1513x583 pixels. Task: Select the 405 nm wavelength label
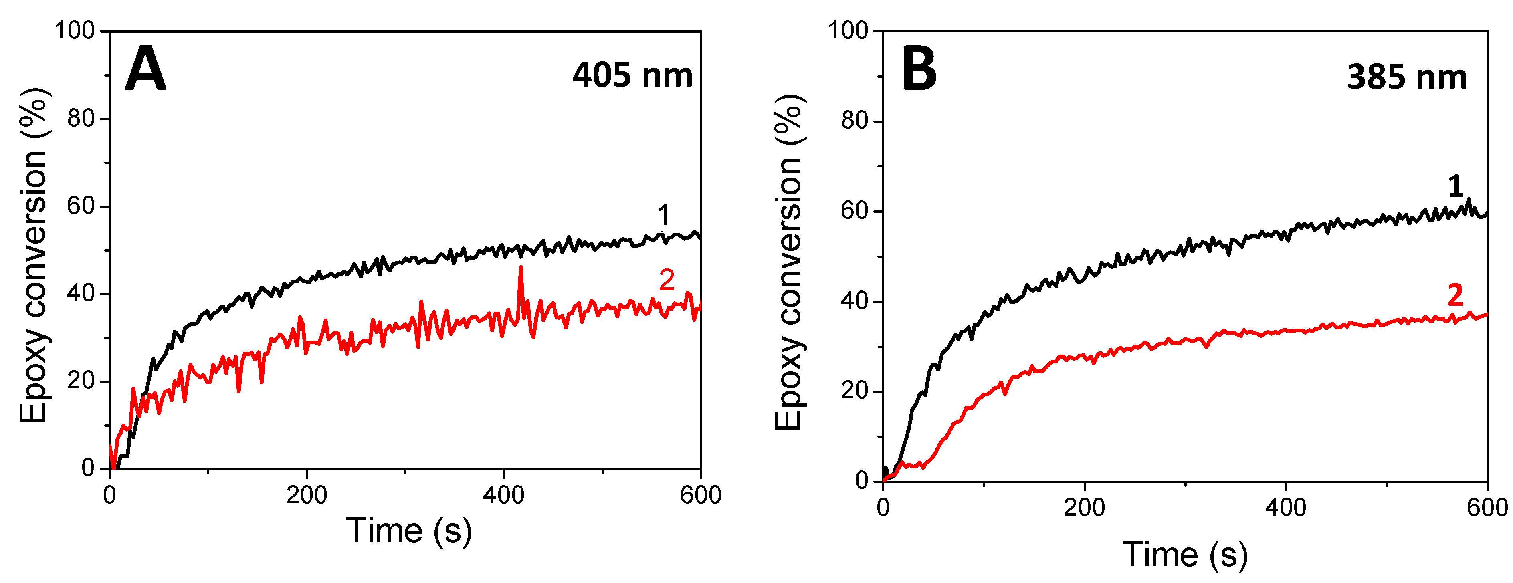coord(632,76)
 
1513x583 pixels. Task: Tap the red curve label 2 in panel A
coord(666,280)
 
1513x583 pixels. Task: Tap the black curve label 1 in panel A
coord(663,216)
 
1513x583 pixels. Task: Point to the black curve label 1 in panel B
coord(1455,187)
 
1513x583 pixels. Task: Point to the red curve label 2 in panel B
coord(1455,295)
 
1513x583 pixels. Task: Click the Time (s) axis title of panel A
coord(409,530)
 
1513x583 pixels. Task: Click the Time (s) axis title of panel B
coord(1185,554)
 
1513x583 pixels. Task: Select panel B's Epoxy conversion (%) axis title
coord(788,261)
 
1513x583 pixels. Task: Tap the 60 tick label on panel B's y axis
coord(854,211)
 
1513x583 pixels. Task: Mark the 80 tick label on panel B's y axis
coord(854,121)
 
